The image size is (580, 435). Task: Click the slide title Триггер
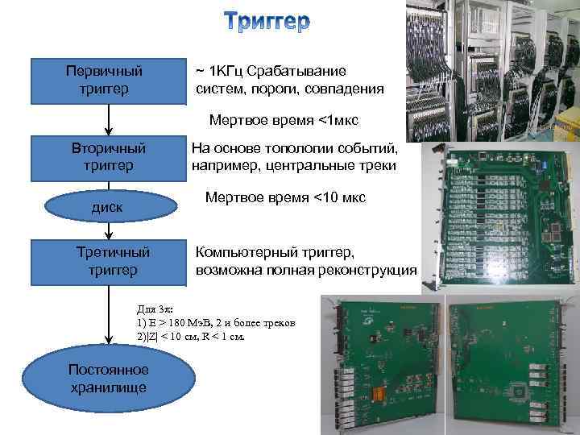[x=266, y=23]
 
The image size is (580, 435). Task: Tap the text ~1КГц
[x=219, y=71]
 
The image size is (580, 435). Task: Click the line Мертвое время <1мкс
[x=284, y=121]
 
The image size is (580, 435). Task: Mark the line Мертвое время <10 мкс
[x=285, y=197]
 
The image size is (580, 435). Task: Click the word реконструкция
[x=371, y=270]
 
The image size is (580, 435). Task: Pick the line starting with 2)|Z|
[x=190, y=336]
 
